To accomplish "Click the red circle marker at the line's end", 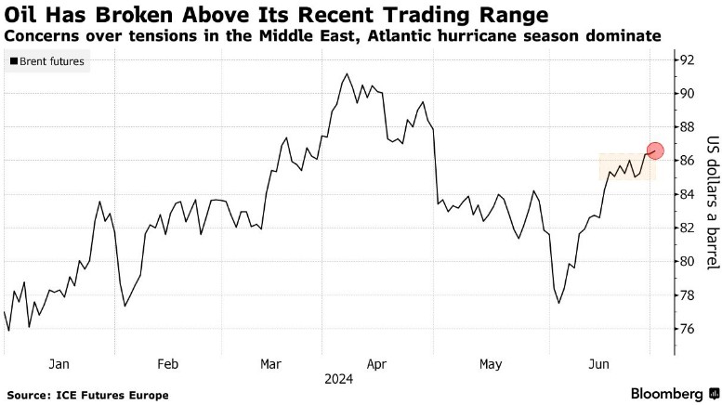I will pyautogui.click(x=655, y=150).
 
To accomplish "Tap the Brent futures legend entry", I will pyautogui.click(x=47, y=61).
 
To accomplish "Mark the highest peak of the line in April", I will pyautogui.click(x=347, y=74).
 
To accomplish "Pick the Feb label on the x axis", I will pyautogui.click(x=168, y=365).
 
